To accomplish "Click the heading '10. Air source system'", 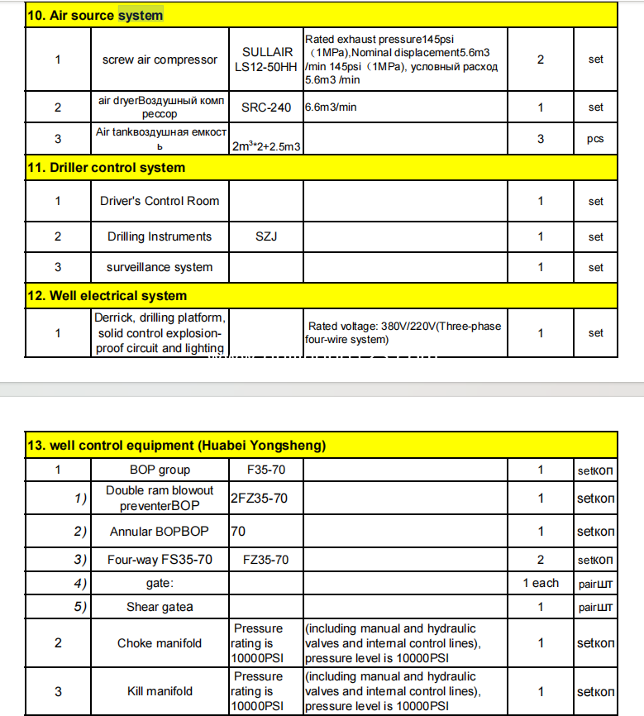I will coord(96,15).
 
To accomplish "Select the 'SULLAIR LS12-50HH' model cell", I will coord(266,59).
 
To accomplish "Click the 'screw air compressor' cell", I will coord(160,60).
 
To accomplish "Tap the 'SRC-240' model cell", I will coord(266,107).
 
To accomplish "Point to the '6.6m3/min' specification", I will coord(331,107).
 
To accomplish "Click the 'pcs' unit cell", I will coord(595,139).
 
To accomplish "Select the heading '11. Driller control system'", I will coord(107,167).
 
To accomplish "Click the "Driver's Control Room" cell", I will coord(160,201).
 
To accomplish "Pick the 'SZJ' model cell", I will coord(266,236).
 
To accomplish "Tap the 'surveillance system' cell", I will coord(160,267).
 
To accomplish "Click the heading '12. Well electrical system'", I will coord(107,295).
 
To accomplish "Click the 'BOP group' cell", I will coord(160,470).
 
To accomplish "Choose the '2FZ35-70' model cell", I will coord(260,498).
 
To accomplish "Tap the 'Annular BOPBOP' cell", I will coord(160,531).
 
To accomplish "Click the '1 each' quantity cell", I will coord(541,583).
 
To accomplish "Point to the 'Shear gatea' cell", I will coord(160,606).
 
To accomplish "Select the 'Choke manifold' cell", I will coord(160,642).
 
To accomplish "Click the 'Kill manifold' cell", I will coord(160,691).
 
